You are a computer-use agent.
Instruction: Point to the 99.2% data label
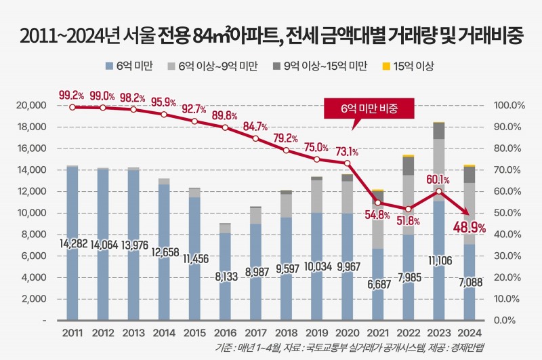pyautogui.click(x=71, y=95)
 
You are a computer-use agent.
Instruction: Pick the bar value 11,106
pyautogui.click(x=439, y=259)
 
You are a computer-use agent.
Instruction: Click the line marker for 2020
pyautogui.click(x=348, y=163)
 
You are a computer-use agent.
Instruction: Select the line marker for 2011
pyautogui.click(x=72, y=107)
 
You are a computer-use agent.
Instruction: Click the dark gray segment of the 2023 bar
pyautogui.click(x=439, y=131)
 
